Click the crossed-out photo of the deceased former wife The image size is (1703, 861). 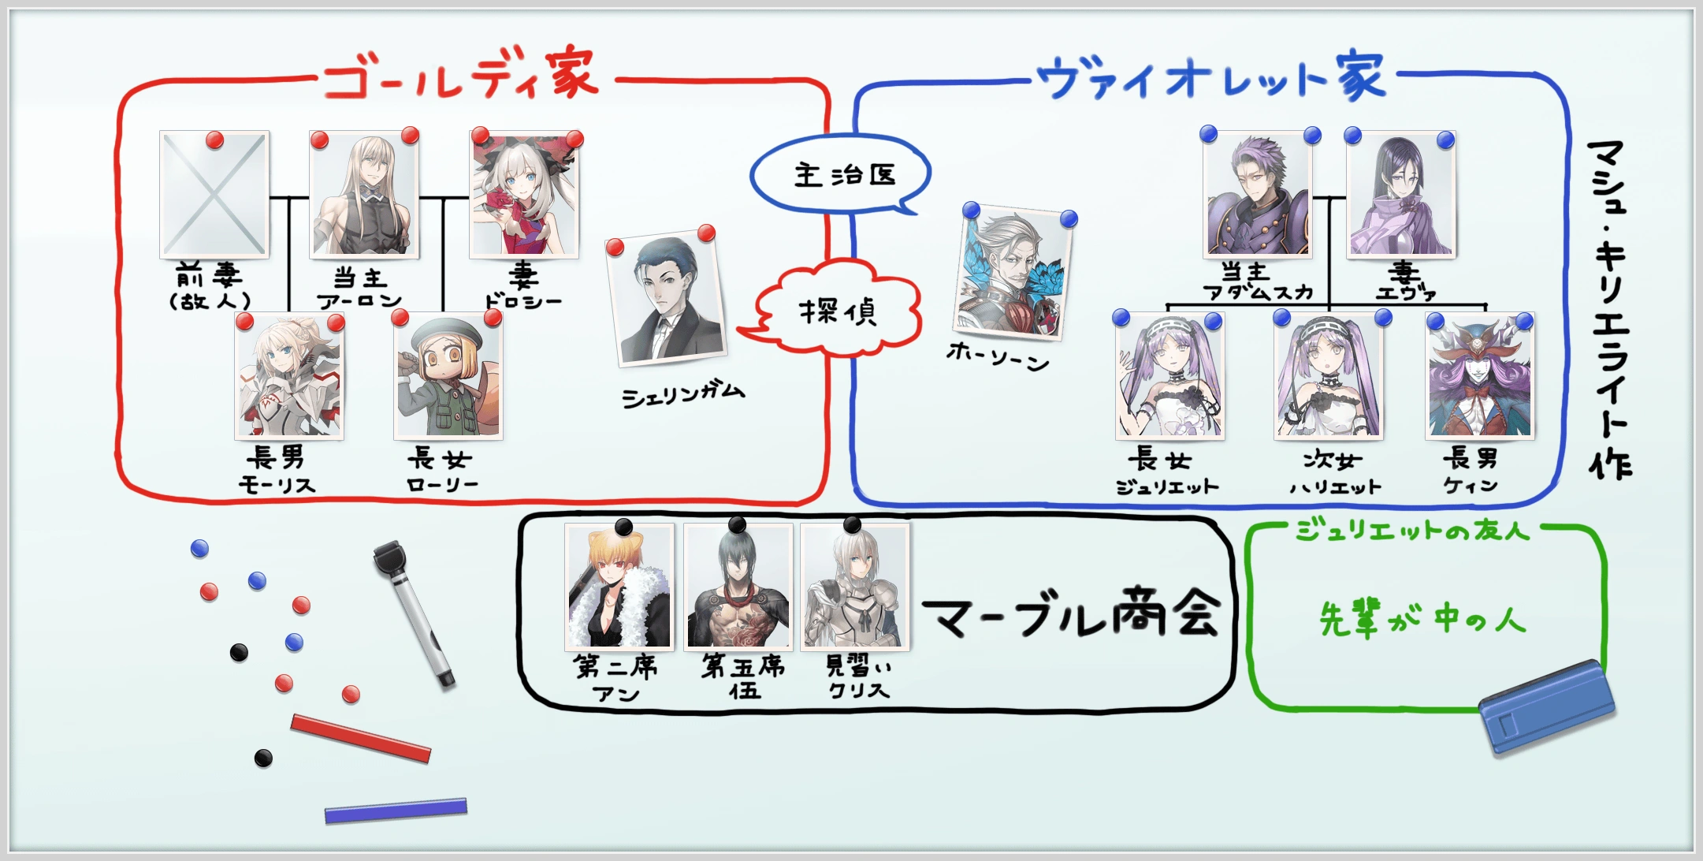pos(214,195)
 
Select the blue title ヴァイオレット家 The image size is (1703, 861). pos(1210,77)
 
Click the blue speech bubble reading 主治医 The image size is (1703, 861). pos(841,175)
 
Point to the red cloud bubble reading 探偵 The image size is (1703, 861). pos(838,311)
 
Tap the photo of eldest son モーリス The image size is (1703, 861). pos(289,378)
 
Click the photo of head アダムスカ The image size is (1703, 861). pos(1258,195)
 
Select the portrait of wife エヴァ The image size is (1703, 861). pos(1400,195)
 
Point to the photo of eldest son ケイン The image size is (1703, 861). pos(1479,377)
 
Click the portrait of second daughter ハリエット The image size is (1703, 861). pos(1329,377)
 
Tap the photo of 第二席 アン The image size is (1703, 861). pos(619,587)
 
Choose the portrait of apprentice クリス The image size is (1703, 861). pos(855,587)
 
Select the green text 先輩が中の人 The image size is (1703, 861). pos(1422,619)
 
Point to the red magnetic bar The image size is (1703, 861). pos(361,738)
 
